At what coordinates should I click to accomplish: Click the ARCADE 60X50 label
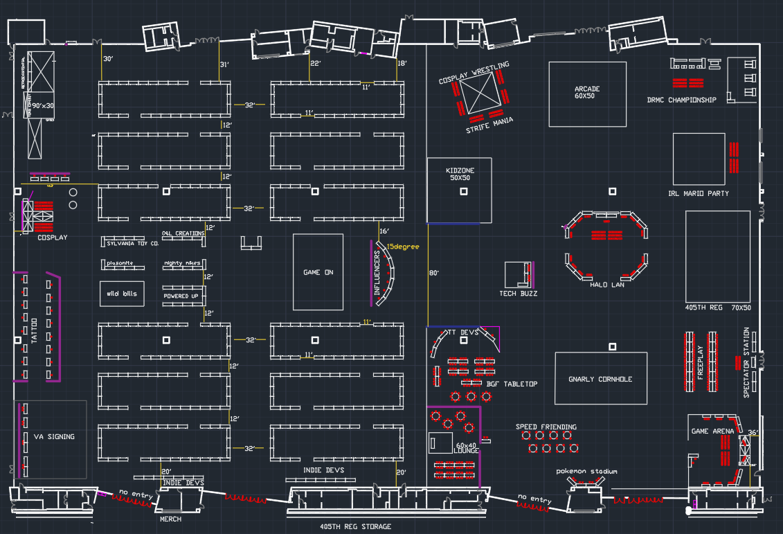(587, 93)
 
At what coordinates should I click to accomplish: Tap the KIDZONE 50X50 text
(460, 174)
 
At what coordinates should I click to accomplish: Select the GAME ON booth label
(318, 272)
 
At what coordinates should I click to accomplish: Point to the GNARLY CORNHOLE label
(600, 379)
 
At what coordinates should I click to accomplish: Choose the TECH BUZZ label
(519, 294)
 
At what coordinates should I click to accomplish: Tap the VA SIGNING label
(54, 436)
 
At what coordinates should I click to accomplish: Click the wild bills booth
(122, 294)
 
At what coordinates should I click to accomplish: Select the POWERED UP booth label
(181, 296)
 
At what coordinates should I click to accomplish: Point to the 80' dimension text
(435, 273)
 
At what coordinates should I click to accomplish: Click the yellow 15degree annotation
(403, 247)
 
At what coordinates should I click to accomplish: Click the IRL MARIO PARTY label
(699, 193)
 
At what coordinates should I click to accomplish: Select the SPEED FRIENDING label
(546, 427)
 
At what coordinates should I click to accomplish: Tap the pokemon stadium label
(586, 472)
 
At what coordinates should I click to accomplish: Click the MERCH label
(170, 519)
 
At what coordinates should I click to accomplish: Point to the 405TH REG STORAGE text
(355, 527)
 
